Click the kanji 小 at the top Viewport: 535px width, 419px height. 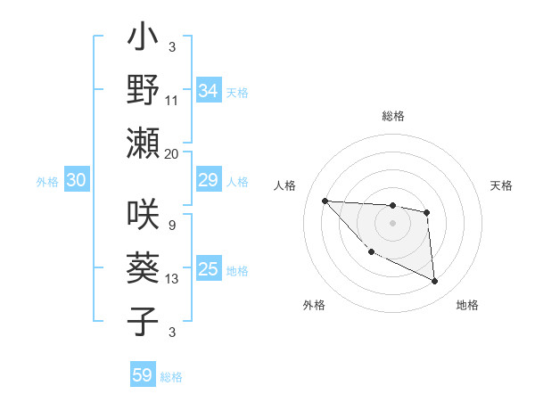(144, 40)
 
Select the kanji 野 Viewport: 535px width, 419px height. (144, 90)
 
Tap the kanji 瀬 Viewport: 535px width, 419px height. (144, 143)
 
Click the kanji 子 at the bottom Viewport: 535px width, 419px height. (144, 320)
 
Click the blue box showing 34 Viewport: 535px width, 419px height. (209, 91)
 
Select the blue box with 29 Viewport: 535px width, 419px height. (209, 181)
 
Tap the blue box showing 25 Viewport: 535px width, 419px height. (209, 270)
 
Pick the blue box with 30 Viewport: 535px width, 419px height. (76, 181)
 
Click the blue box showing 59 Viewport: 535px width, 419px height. (143, 375)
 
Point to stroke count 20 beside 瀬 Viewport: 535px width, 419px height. (171, 153)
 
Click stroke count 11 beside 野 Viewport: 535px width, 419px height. (171, 100)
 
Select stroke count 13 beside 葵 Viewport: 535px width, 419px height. (171, 279)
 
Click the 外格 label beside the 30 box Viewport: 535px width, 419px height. (47, 182)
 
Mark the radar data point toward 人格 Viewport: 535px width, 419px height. (325, 201)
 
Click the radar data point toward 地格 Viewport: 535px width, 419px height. (434, 282)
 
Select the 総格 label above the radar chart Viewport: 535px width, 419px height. (392, 116)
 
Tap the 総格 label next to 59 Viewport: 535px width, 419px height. (171, 377)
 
